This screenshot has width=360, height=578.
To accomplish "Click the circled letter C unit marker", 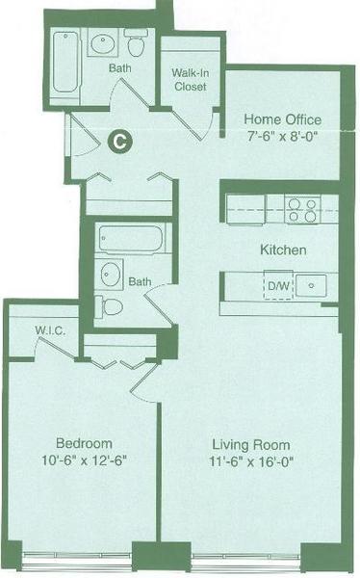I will (x=117, y=141).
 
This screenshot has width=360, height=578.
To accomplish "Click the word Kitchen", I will (x=283, y=250).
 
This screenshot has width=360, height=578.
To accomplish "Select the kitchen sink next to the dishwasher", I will (x=312, y=285).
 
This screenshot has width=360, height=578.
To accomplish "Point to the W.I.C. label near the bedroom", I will (x=49, y=330).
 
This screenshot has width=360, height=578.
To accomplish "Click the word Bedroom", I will (x=84, y=443).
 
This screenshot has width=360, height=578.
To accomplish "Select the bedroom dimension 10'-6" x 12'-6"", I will (x=84, y=460).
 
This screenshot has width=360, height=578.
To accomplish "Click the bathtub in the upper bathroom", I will (x=65, y=64).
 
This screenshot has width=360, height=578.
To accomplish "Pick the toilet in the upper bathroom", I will (x=136, y=44).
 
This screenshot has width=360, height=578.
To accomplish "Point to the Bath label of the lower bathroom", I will (x=140, y=282).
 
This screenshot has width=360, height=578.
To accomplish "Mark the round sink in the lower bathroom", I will (x=112, y=273).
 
